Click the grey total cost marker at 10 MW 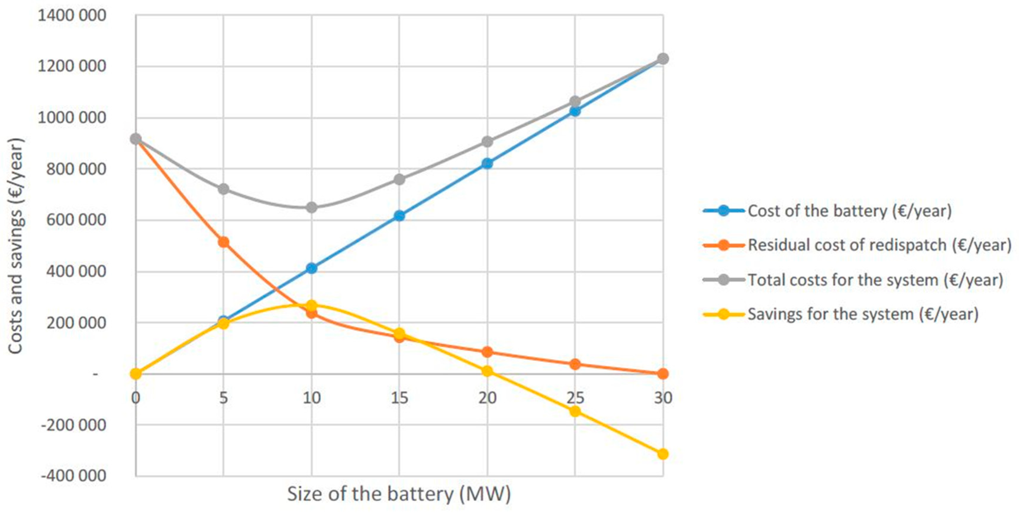(x=311, y=207)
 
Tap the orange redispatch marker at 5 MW (x=223, y=242)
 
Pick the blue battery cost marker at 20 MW (x=487, y=163)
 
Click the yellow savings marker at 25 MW (x=575, y=411)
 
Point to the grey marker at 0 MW (x=136, y=139)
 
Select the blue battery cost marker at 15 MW (x=399, y=216)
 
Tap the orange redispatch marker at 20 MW (x=487, y=352)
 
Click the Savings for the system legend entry (x=863, y=314)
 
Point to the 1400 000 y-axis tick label (x=72, y=16)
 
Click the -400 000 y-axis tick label (x=74, y=475)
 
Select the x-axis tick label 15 (x=399, y=398)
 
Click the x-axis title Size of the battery (x=399, y=494)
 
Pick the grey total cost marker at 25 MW (x=575, y=101)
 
